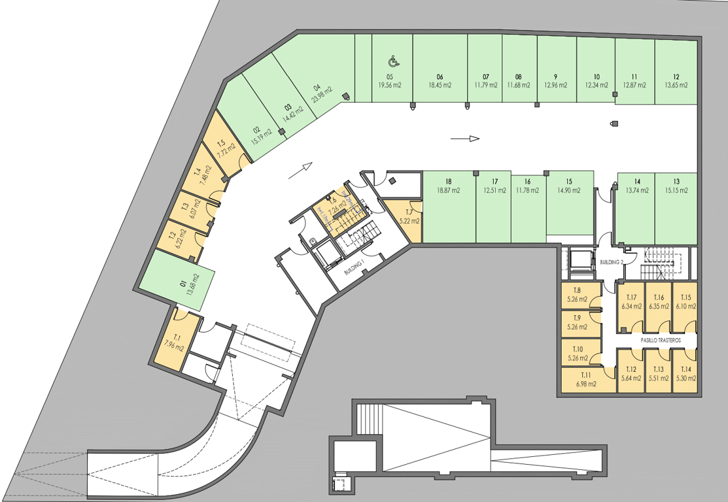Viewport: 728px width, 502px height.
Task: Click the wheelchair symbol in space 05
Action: pyautogui.click(x=394, y=61)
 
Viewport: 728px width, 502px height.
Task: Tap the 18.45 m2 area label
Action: pyautogui.click(x=440, y=85)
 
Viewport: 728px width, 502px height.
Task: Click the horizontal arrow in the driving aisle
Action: pyautogui.click(x=466, y=139)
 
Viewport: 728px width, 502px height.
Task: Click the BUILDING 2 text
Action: pyautogui.click(x=612, y=261)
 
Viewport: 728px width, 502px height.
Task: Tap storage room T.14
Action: pyautogui.click(x=684, y=373)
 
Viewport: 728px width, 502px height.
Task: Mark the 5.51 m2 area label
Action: pyautogui.click(x=659, y=378)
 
